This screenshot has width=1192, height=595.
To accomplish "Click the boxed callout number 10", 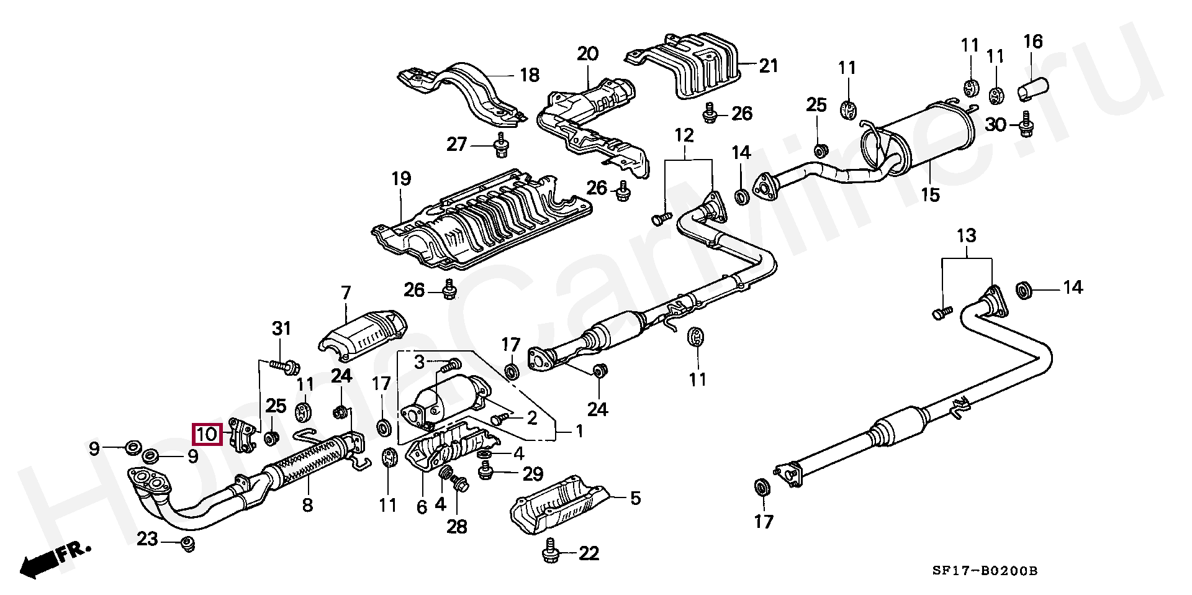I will (x=207, y=433).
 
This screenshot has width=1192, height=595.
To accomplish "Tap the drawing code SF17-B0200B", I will (x=985, y=571).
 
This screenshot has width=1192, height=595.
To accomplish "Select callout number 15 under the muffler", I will (x=929, y=195).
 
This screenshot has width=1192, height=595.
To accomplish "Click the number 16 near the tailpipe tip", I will (x=1032, y=42).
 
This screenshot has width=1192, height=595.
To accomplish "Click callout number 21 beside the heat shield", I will (x=768, y=65).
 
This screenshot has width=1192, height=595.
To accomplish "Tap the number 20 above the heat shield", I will (x=587, y=54).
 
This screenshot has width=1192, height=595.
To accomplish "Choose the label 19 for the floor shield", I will (x=401, y=179).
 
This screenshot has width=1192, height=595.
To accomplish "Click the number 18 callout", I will (x=529, y=75).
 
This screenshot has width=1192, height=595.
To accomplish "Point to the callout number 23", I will (x=147, y=538).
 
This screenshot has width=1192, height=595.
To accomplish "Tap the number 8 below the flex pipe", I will (x=307, y=505).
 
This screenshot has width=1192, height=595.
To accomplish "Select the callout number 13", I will (x=966, y=236).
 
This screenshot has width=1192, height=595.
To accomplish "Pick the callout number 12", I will (x=684, y=135).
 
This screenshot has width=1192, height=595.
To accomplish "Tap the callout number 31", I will (x=281, y=329).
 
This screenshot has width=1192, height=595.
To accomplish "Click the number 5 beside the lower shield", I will (x=635, y=498).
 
